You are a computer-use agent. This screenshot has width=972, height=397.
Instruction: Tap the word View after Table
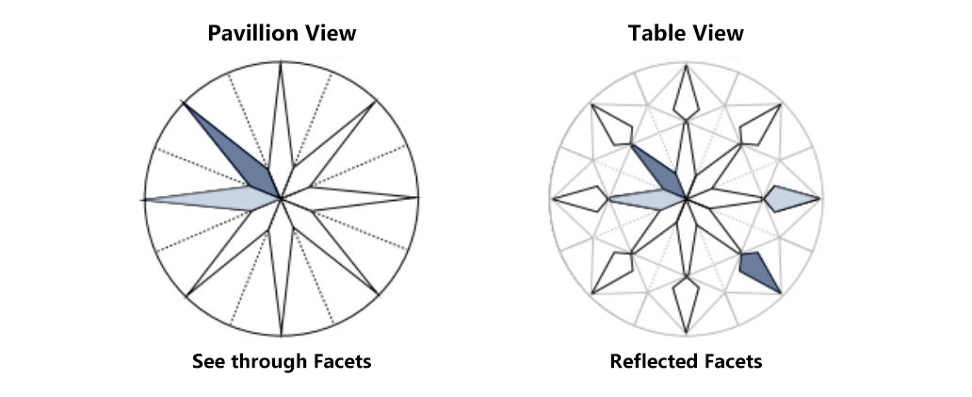point(719,34)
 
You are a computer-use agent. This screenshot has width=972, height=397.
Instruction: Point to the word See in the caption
point(208,362)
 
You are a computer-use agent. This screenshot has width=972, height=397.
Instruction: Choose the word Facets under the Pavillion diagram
point(342,362)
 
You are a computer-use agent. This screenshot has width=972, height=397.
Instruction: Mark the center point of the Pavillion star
point(281,199)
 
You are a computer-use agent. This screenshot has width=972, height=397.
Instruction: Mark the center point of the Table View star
point(688,199)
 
